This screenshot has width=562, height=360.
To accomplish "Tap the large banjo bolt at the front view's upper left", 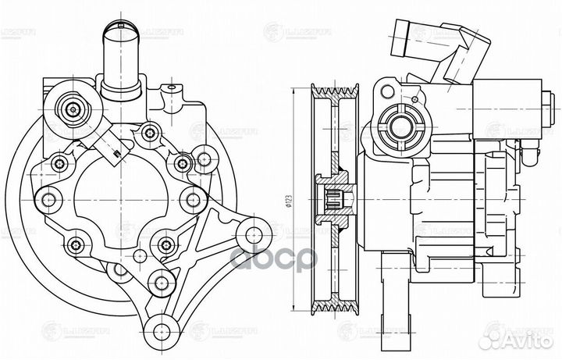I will pos(73,110).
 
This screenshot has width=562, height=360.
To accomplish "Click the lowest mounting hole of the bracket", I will pos(165,329).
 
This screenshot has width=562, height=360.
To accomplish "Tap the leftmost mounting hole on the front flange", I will pos(48,200).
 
